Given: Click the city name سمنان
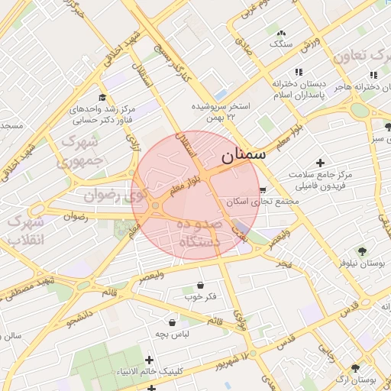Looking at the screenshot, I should point(244,154).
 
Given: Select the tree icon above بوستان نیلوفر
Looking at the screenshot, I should point(361,250).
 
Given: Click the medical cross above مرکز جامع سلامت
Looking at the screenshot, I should point(320,163).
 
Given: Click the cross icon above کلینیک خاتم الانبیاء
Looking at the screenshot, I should point(149,359).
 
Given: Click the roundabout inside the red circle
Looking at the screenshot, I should point(155,205).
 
